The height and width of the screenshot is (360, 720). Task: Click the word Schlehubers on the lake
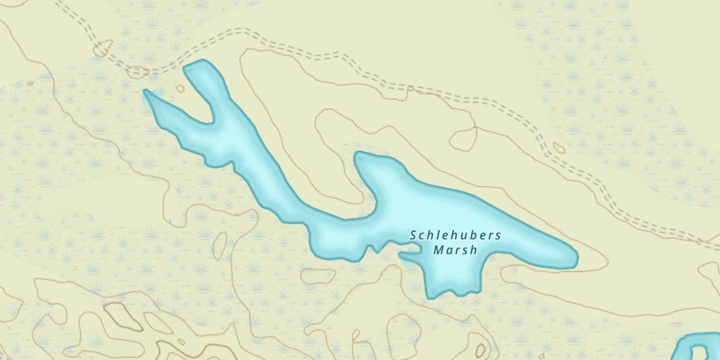[x=455, y=236]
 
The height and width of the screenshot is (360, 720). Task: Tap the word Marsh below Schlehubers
[x=455, y=250]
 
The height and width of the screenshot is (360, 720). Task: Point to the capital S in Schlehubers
[x=413, y=236]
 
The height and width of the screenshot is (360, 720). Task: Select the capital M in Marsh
[x=438, y=250]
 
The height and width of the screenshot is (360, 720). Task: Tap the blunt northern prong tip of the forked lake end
[x=194, y=66]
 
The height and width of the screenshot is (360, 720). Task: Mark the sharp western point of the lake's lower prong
[x=145, y=91]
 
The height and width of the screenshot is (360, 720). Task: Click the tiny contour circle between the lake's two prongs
[x=180, y=88]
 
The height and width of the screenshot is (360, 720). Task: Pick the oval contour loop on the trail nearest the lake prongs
[x=137, y=72]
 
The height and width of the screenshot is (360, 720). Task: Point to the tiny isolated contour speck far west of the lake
[x=30, y=84]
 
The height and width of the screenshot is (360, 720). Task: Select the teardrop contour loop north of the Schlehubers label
[x=462, y=139]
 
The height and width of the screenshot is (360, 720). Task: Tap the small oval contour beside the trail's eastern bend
[x=559, y=148]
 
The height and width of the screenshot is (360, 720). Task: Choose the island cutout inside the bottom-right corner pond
[x=701, y=353]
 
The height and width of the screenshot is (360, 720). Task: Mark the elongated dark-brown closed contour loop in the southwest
[x=123, y=316]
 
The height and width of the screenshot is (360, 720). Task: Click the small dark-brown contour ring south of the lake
[x=480, y=350]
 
